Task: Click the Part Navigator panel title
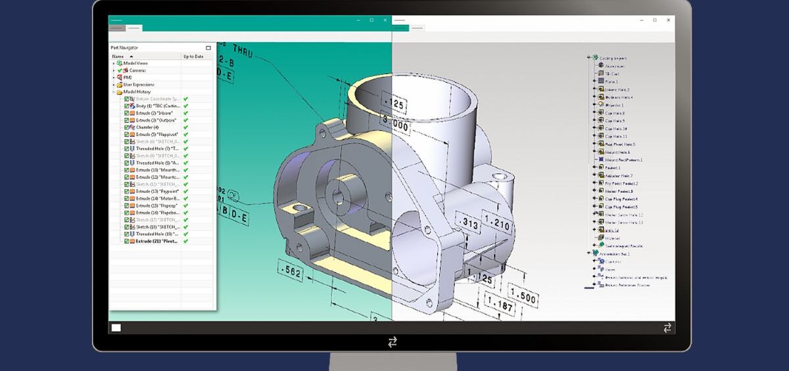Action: click(x=124, y=48)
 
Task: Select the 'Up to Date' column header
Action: click(x=193, y=56)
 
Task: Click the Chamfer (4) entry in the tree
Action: click(x=147, y=127)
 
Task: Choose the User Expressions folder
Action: click(x=138, y=85)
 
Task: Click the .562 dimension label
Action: click(x=290, y=269)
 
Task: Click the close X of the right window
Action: click(x=667, y=20)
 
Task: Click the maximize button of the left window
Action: click(x=371, y=20)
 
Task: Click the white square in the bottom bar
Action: click(x=116, y=328)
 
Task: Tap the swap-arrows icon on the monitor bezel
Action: click(x=393, y=341)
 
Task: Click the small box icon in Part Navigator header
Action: click(x=208, y=48)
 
